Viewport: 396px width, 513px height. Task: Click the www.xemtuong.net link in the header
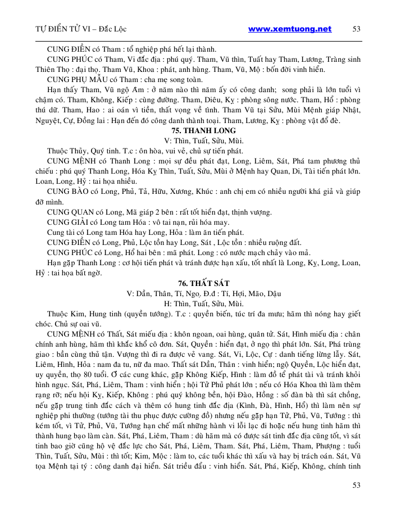[x=289, y=29]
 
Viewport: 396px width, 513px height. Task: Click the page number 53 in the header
[x=356, y=29]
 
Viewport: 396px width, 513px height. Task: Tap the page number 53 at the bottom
[x=356, y=485]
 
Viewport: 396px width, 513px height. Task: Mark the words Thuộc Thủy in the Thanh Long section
[x=66, y=151]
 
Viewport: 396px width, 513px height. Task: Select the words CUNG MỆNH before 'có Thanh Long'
[x=69, y=161]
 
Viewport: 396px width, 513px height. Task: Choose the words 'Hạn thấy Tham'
[x=71, y=90]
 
